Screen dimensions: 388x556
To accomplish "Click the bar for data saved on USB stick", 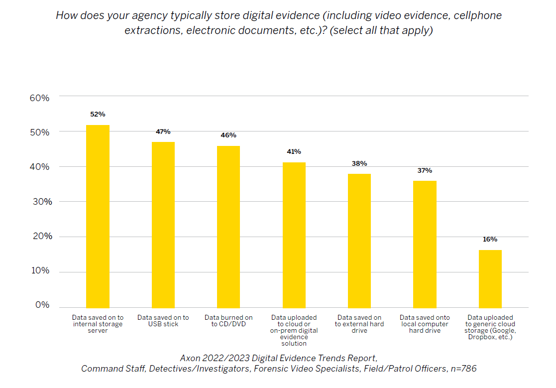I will coord(163,225).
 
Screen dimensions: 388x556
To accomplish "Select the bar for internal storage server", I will coord(98,216).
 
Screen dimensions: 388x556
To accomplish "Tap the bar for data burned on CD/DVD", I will coord(228,227).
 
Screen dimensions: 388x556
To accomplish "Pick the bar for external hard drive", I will coord(359,241).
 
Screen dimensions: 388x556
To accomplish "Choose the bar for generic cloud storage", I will coord(490,279).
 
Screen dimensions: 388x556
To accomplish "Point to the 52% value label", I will coord(98,115).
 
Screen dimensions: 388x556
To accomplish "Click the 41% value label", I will coord(294,152).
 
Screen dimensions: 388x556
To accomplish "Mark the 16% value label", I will coord(490,240).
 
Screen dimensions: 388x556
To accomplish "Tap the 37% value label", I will coord(425,171).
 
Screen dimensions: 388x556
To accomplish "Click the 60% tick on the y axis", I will coord(39,98).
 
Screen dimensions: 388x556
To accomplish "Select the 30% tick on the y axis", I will coord(39,202).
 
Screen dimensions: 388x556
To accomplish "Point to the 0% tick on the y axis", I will coord(42,305).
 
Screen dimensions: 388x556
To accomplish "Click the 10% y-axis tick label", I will coord(39,271).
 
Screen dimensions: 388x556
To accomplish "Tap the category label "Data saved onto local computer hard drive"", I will coord(425,324).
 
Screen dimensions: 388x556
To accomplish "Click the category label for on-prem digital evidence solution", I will coord(294,330).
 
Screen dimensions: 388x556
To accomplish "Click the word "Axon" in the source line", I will coord(191,358).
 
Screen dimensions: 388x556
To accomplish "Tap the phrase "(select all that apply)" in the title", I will coord(381,30).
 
